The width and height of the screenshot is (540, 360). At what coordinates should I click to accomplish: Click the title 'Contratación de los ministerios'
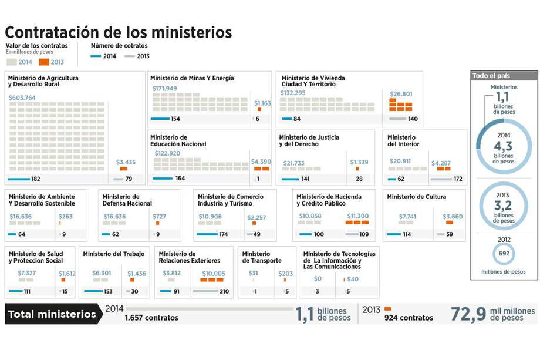pyautogui.click(x=118, y=32)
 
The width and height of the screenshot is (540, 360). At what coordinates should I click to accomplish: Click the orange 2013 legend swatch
pyautogui.click(x=44, y=62)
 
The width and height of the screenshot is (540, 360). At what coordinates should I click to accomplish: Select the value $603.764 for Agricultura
pyautogui.click(x=22, y=97)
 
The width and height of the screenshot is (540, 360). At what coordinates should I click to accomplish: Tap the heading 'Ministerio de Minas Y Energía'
pyautogui.click(x=192, y=78)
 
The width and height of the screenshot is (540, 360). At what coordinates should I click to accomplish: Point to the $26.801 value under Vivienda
pyautogui.click(x=401, y=93)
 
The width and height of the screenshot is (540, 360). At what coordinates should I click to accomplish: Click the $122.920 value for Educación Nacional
pyautogui.click(x=167, y=153)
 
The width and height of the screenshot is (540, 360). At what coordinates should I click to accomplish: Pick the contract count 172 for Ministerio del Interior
pyautogui.click(x=459, y=179)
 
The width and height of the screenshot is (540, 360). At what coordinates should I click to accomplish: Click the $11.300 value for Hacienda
pyautogui.click(x=357, y=216)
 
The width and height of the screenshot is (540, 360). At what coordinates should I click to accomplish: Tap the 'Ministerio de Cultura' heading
pyautogui.click(x=416, y=197)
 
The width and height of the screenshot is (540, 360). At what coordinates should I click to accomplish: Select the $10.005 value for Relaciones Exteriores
pyautogui.click(x=213, y=273)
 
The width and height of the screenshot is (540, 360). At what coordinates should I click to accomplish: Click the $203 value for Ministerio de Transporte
pyautogui.click(x=286, y=273)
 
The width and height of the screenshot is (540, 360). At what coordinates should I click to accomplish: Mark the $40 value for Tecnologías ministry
pyautogui.click(x=352, y=279)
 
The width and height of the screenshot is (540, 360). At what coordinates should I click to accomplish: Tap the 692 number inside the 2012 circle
pyautogui.click(x=504, y=254)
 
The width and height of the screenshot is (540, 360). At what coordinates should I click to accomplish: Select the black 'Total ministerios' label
pyautogui.click(x=52, y=314)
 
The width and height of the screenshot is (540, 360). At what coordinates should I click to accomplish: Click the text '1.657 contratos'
pyautogui.click(x=151, y=318)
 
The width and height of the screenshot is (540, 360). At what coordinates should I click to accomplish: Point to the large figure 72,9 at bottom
pyautogui.click(x=468, y=314)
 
